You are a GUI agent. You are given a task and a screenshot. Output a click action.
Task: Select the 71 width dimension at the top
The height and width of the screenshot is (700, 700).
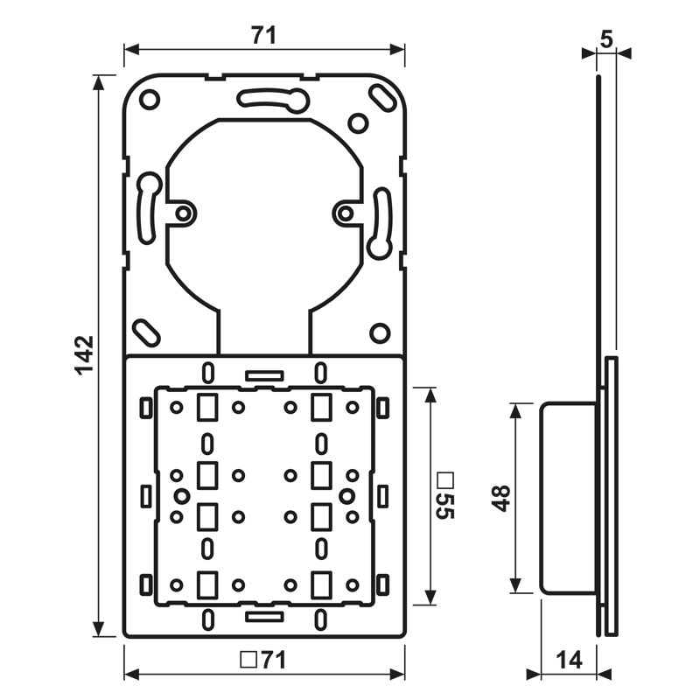(x=263, y=35)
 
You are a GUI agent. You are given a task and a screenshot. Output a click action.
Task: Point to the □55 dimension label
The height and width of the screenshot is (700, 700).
(x=445, y=496)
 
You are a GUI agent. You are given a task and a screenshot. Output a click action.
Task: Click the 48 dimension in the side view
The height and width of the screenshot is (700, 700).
(x=501, y=497)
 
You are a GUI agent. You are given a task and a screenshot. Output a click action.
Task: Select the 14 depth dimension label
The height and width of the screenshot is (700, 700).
(x=569, y=661)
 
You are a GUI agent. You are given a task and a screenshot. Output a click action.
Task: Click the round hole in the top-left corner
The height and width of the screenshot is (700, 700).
(x=150, y=100)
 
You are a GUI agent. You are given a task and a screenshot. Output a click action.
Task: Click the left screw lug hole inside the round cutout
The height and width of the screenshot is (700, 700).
(x=183, y=213)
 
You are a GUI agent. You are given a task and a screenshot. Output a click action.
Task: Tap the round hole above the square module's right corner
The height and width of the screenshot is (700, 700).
(x=379, y=332)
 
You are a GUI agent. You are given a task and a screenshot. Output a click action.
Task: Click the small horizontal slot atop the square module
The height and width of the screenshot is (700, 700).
(x=264, y=374)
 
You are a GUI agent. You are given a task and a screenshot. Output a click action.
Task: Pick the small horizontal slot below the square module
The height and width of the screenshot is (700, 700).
(x=264, y=617)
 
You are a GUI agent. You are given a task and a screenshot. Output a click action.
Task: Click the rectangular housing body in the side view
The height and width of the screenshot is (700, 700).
(x=569, y=497)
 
